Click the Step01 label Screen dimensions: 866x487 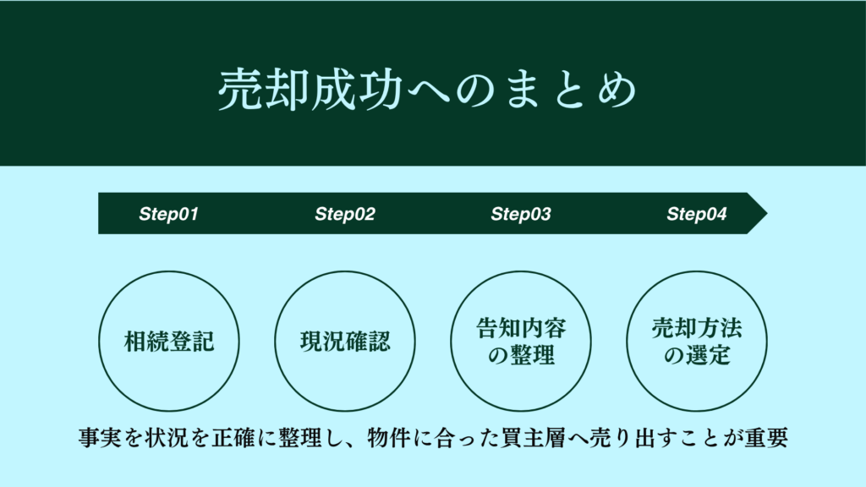168,214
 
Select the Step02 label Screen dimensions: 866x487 345,214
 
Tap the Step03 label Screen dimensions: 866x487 521,214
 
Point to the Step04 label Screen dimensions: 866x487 697,214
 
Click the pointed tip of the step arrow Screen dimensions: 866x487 767,213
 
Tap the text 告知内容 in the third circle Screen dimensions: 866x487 521,328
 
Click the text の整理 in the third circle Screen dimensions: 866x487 521,355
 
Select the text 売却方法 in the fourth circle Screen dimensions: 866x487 697,328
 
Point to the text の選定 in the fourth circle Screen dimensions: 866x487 697,355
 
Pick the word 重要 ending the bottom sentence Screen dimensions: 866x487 766,438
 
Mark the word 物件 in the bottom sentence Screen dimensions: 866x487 389,438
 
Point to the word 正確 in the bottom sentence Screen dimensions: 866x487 233,438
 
